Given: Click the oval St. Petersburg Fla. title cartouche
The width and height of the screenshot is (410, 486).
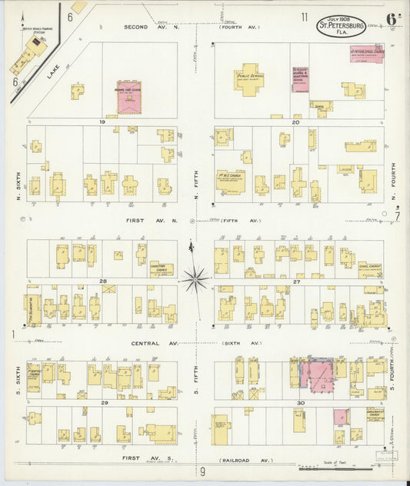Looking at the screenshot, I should pos(342,25).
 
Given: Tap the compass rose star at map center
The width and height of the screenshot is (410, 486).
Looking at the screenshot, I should pos(196,278).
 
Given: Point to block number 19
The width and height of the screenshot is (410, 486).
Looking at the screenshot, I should pos(101,121).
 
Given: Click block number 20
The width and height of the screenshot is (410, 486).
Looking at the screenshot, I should pos(295,121).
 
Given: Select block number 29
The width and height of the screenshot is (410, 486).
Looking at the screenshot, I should pos(102,403).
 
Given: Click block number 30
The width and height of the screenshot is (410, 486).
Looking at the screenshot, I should pos(300,403).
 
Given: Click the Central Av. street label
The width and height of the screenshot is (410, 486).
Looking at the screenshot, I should pos(145,343).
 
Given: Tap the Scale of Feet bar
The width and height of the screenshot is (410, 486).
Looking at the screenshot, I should pos(349,465).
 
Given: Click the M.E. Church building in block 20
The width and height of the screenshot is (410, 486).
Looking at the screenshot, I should pos(230,181).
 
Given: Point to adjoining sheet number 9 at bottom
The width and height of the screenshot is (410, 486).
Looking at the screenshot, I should pos(203,471).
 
